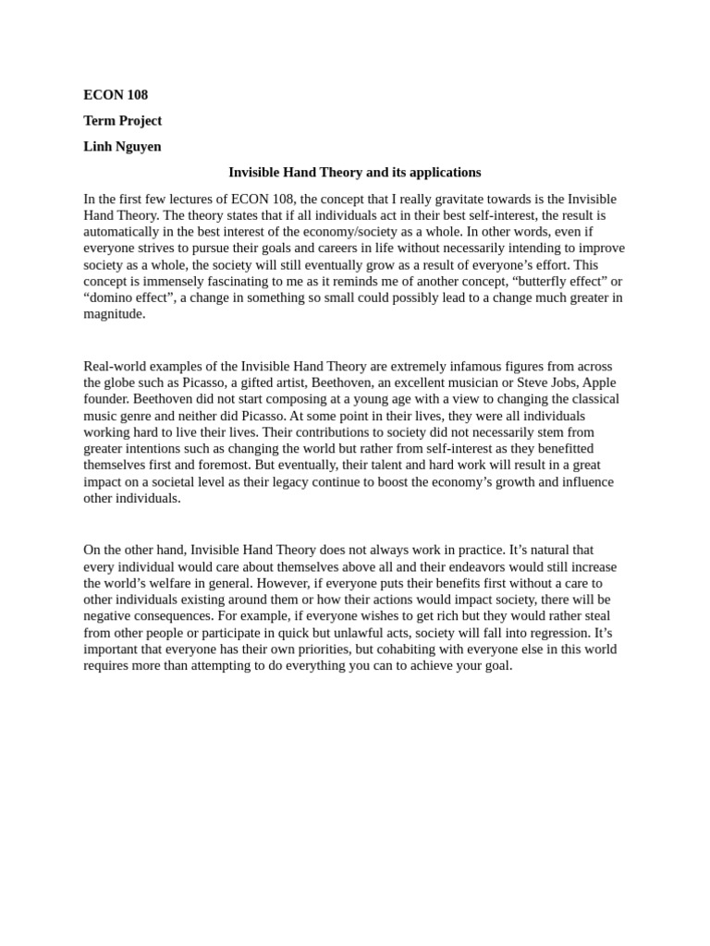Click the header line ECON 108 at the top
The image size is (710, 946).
pyautogui.click(x=116, y=95)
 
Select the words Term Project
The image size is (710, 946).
pyautogui.click(x=122, y=121)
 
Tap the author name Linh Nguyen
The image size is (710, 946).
pyautogui.click(x=122, y=147)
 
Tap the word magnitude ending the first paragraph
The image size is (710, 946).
pyautogui.click(x=114, y=314)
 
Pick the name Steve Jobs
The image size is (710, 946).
pyautogui.click(x=553, y=383)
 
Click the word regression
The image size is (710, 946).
pyautogui.click(x=557, y=633)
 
